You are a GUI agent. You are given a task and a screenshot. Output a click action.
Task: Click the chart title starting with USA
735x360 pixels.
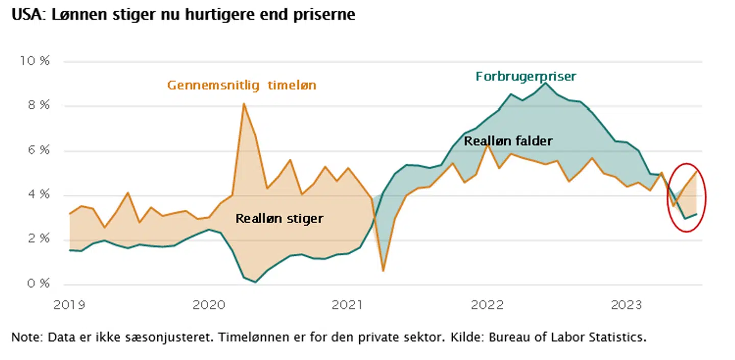pyautogui.click(x=183, y=15)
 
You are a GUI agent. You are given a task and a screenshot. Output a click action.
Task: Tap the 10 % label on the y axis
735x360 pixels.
pyautogui.click(x=35, y=61)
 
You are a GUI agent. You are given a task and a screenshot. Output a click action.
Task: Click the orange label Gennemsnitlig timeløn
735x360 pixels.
pyautogui.click(x=241, y=85)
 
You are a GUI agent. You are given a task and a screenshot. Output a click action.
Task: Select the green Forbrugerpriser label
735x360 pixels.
pyautogui.click(x=526, y=77)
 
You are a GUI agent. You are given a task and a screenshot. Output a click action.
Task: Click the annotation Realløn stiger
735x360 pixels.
pyautogui.click(x=279, y=219)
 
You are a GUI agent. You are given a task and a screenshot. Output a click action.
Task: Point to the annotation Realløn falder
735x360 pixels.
pyautogui.click(x=508, y=140)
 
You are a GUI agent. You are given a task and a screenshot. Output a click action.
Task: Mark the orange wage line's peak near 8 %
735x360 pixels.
pyautogui.click(x=244, y=104)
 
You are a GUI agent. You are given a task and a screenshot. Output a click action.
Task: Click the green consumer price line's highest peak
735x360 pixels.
pyautogui.click(x=546, y=83)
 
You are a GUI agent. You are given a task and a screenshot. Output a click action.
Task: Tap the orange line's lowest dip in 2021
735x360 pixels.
pyautogui.click(x=383, y=270)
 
